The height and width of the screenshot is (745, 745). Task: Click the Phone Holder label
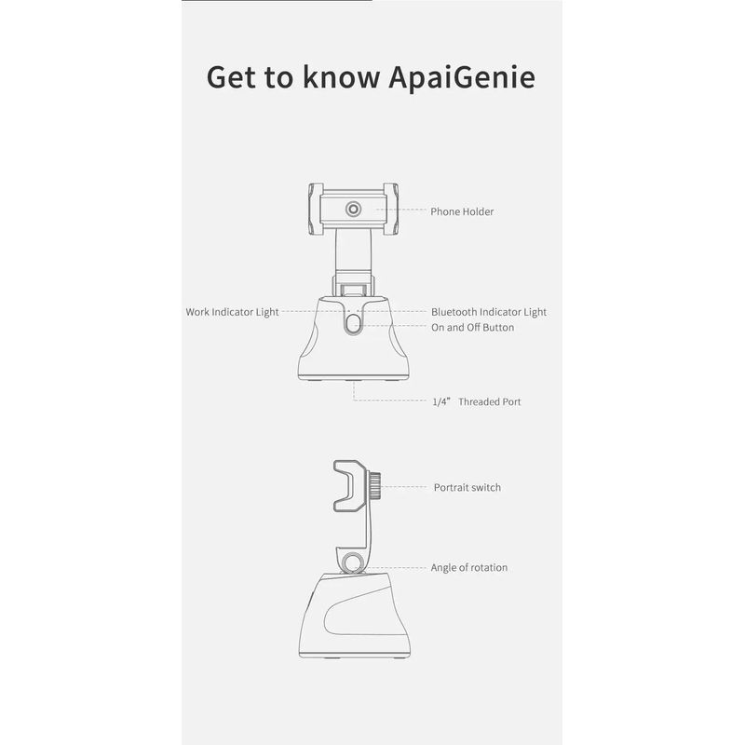click(x=462, y=211)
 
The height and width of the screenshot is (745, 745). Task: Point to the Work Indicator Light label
click(x=233, y=312)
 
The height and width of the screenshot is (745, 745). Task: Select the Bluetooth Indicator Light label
click(x=489, y=312)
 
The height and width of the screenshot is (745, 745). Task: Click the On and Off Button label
click(x=472, y=328)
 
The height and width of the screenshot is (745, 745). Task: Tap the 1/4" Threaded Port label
click(x=477, y=402)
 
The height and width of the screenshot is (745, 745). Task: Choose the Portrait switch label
click(x=467, y=487)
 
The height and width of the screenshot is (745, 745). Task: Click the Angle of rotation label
click(x=468, y=567)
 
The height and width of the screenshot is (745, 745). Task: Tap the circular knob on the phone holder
click(x=354, y=210)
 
